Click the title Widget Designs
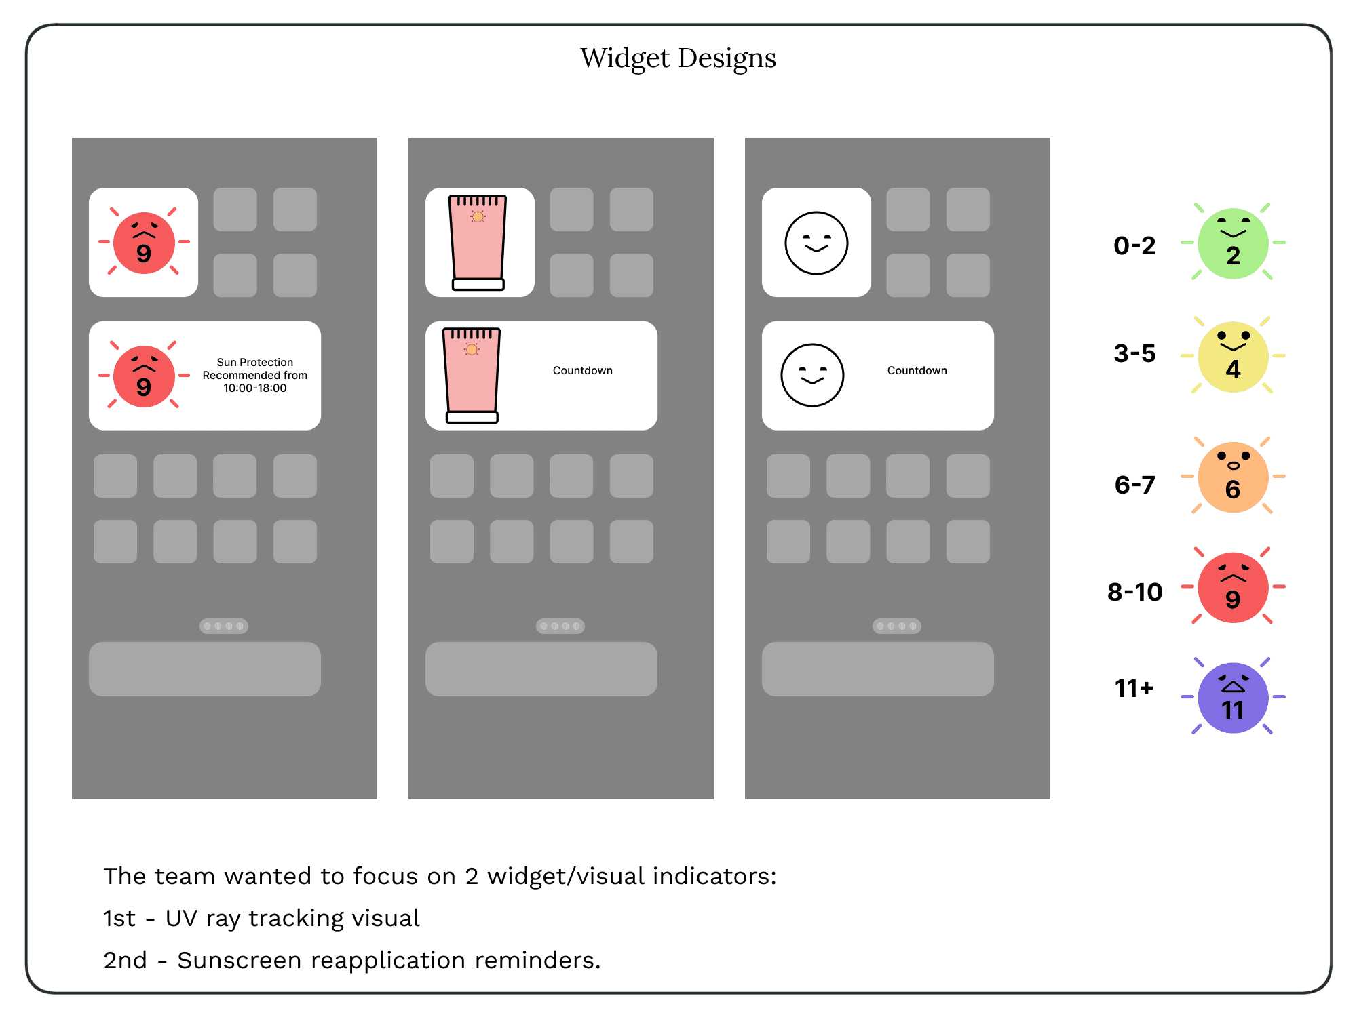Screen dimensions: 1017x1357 click(678, 58)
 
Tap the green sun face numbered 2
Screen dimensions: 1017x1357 click(1233, 243)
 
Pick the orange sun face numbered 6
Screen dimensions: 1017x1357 click(1233, 477)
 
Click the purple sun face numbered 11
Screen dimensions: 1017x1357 click(1233, 698)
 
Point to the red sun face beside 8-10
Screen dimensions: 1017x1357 click(1233, 587)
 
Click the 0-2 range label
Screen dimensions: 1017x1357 click(1134, 245)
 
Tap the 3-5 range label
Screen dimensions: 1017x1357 click(1134, 353)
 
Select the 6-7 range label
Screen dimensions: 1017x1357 click(1134, 485)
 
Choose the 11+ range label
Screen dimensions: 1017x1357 click(1134, 689)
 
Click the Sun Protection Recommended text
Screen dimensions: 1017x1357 click(254, 375)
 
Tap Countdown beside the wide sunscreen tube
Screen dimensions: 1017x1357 click(582, 370)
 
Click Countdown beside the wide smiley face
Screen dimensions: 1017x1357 click(917, 370)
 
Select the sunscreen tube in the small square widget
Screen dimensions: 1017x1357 click(478, 242)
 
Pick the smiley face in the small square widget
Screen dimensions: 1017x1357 click(816, 243)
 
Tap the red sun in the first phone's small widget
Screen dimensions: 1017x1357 click(144, 242)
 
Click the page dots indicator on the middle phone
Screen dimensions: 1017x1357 click(560, 626)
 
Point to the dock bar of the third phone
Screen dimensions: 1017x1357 click(877, 669)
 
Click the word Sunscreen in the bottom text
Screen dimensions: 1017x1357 click(239, 960)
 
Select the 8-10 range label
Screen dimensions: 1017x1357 click(1134, 592)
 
